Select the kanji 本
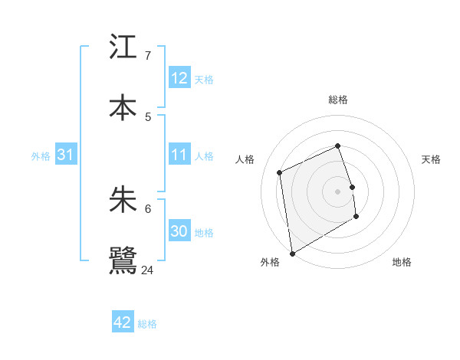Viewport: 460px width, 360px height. [x=123, y=108]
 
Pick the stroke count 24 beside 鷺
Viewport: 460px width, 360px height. [x=148, y=270]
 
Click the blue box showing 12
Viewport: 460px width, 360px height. [x=179, y=78]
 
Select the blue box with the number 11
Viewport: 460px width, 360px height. [x=179, y=155]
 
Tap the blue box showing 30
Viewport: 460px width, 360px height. [x=179, y=231]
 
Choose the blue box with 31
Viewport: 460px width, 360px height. [x=65, y=155]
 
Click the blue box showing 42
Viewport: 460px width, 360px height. [x=123, y=322]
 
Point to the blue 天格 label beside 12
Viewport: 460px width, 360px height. [x=204, y=80]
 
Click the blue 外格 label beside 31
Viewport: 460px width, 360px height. [x=41, y=156]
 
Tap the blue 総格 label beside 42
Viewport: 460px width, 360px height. [x=147, y=324]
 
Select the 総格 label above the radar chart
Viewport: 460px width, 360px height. [x=338, y=100]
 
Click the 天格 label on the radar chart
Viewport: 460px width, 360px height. [x=432, y=159]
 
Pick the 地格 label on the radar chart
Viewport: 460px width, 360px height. [x=402, y=262]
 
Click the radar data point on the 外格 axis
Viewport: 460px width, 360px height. [x=292, y=253]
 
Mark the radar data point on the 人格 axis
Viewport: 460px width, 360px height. [x=280, y=172]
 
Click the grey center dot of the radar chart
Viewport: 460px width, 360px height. [x=338, y=191]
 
